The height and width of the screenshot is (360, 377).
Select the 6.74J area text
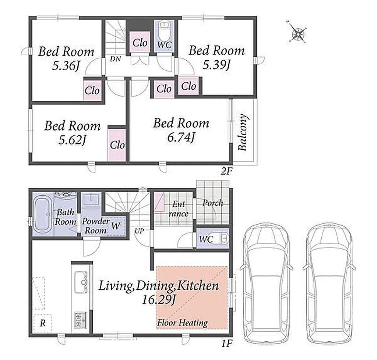point(181,138)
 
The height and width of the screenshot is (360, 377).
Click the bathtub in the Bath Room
point(43,214)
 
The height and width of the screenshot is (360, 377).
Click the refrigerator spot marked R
point(43,323)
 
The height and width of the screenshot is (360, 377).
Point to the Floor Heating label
point(183,322)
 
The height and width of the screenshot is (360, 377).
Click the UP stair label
point(139,231)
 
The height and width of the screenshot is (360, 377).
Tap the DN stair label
point(115,59)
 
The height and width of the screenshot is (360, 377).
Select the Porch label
point(212,203)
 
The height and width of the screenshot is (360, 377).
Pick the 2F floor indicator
point(226,171)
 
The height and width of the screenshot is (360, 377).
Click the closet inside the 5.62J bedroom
point(117,145)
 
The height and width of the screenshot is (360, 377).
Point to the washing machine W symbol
point(115,226)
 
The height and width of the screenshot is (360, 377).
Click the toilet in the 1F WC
point(221,239)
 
